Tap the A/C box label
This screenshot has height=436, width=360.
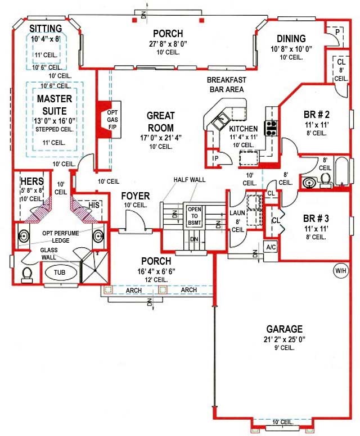pos(271,247)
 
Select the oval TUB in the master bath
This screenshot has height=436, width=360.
pos(59,272)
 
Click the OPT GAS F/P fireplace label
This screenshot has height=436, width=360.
pos(111,120)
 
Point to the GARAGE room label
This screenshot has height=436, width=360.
pos(285,329)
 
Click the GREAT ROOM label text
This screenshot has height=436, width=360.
pos(160,121)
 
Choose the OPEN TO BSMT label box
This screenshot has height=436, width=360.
pos(194,216)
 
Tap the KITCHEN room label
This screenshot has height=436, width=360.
pos(243,129)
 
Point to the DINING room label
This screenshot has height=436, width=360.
pos(291,39)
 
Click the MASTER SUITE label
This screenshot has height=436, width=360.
pos(55,105)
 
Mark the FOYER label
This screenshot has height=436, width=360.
pos(135,196)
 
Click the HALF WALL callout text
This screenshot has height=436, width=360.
pos(190,180)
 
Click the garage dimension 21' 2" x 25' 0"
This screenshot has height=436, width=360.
pos(285,339)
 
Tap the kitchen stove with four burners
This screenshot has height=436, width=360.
pos(271,128)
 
